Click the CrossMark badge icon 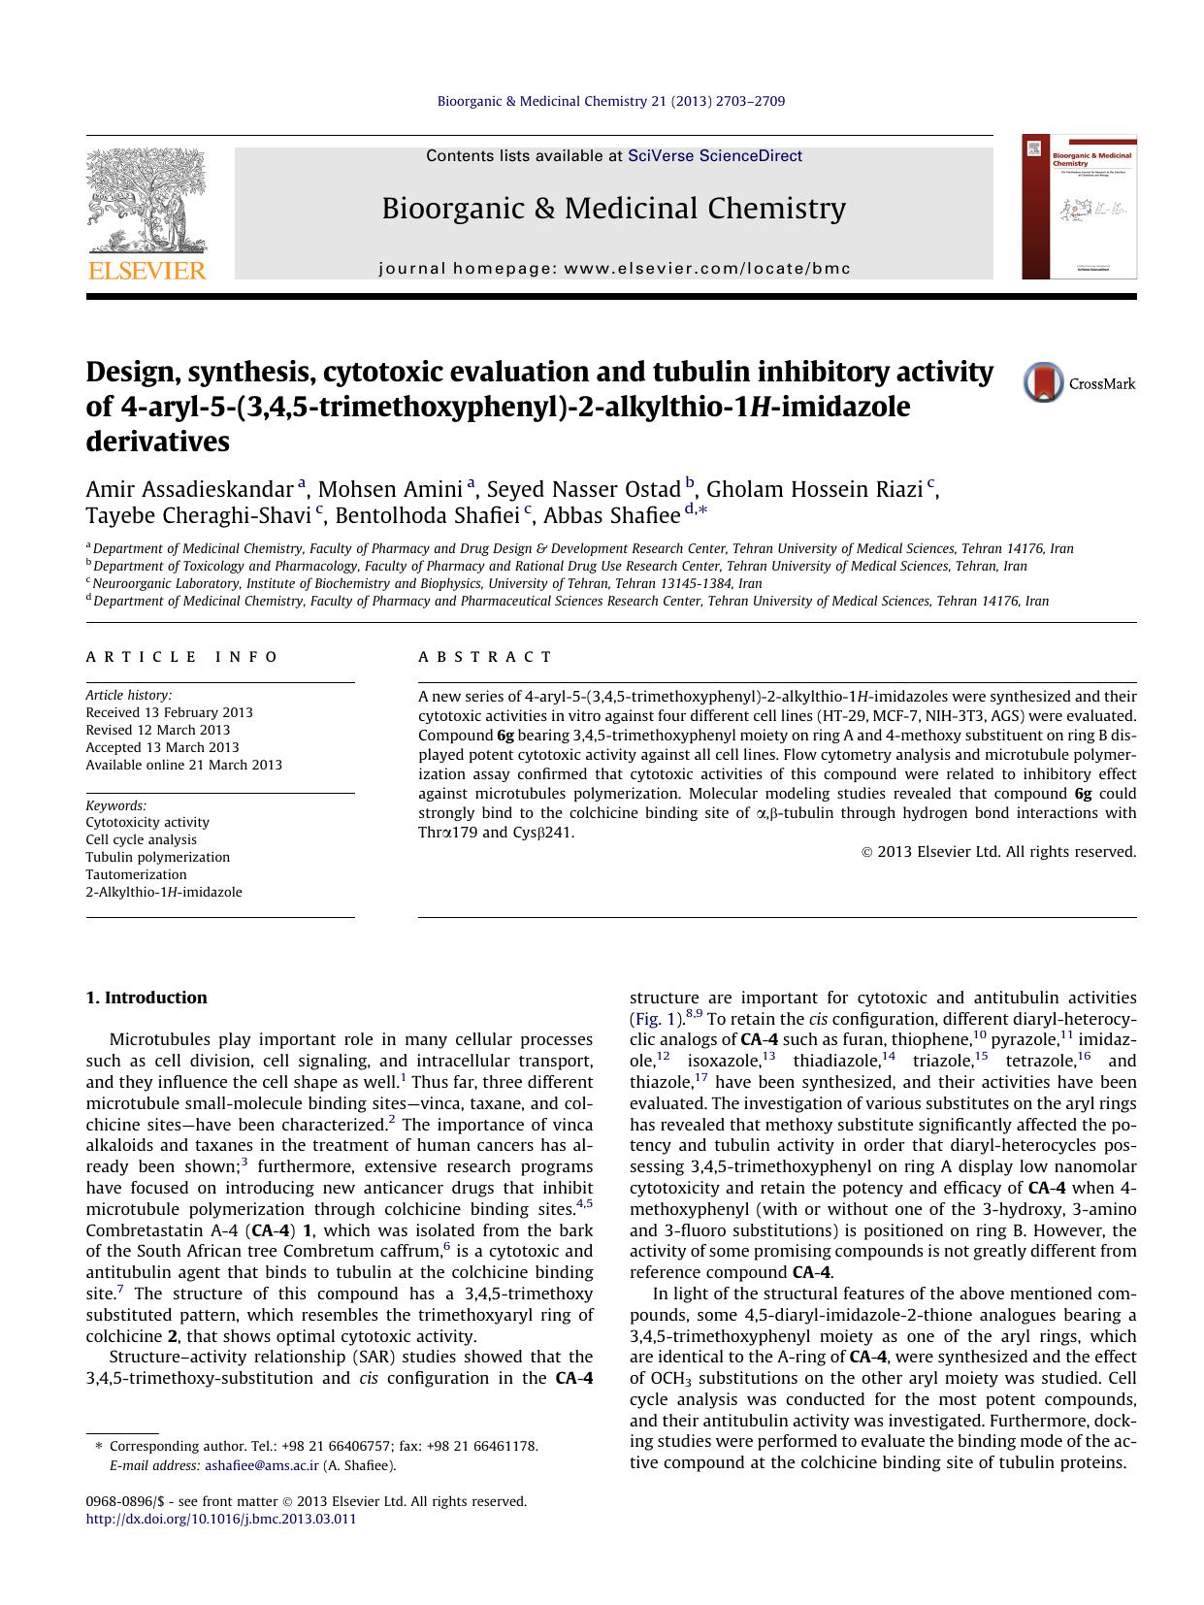[x=1043, y=383]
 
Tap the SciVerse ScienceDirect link [x=715, y=155]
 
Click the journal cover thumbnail [x=1079, y=207]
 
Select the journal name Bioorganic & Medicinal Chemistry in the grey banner [x=613, y=209]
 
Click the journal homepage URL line [x=613, y=268]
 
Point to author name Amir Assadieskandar [x=190, y=488]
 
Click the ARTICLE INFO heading [x=182, y=657]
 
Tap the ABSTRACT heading [x=485, y=657]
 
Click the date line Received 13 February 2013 [x=169, y=712]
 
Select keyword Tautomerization [x=136, y=874]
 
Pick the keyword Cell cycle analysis [x=141, y=839]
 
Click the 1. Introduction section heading [x=146, y=998]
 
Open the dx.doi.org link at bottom [x=221, y=1519]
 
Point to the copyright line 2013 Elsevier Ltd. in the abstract [x=999, y=852]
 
